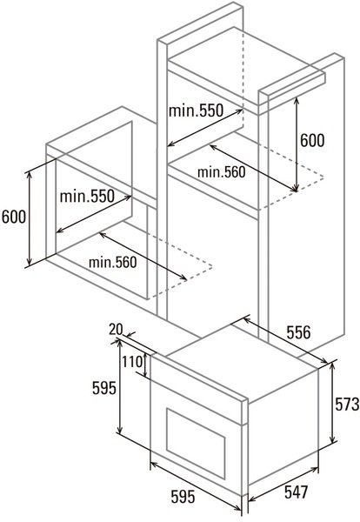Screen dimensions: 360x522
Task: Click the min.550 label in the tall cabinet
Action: click(x=196, y=110)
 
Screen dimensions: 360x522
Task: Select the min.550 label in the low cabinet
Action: click(x=87, y=196)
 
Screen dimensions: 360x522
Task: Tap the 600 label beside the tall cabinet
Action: click(x=312, y=140)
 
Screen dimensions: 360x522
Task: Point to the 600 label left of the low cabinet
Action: click(x=14, y=217)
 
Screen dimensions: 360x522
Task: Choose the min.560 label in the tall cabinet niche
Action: click(x=221, y=172)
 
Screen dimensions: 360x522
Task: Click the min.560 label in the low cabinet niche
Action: click(x=112, y=263)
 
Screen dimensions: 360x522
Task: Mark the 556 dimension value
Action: click(x=298, y=332)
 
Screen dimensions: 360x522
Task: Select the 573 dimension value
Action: click(x=347, y=405)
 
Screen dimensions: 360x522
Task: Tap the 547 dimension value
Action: click(x=297, y=492)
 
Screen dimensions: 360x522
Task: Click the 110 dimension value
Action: click(x=133, y=362)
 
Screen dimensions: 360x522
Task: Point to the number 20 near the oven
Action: click(x=116, y=330)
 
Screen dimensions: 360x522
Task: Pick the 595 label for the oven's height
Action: click(x=104, y=388)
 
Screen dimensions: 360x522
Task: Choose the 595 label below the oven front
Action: click(x=183, y=498)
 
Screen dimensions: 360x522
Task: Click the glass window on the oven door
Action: click(x=196, y=439)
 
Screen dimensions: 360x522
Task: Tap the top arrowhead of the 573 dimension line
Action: click(x=331, y=366)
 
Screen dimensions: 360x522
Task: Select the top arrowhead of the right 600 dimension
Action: click(x=297, y=101)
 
